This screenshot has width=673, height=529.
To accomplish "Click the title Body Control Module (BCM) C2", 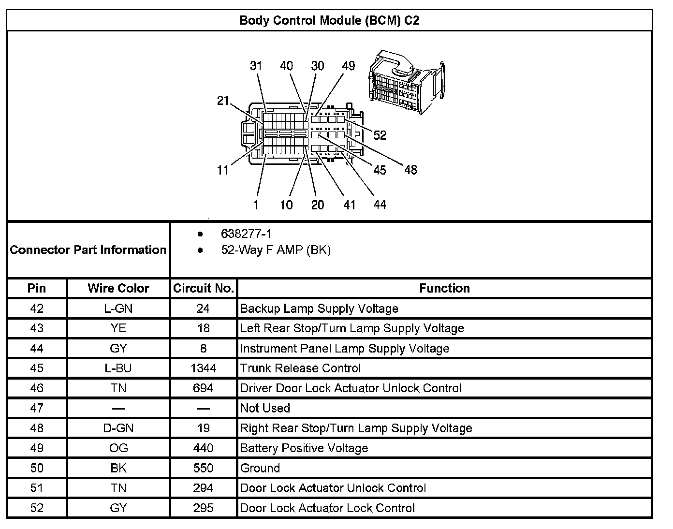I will (x=329, y=20).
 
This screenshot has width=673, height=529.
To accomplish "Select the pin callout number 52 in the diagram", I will (x=380, y=135).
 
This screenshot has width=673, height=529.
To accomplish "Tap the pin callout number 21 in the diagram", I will (x=223, y=101).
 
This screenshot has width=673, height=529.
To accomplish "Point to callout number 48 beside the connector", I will (x=410, y=170).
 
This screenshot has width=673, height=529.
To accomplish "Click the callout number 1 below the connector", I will (x=256, y=205).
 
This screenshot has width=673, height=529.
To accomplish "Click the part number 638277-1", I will (x=246, y=234).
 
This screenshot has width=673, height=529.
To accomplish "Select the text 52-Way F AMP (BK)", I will (x=276, y=250).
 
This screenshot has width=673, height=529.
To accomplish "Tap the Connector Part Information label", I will (x=88, y=250).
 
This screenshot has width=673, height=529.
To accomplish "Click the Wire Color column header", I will (x=118, y=288).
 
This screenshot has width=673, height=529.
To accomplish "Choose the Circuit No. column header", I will (x=204, y=288).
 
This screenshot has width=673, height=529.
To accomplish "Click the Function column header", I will (x=444, y=288).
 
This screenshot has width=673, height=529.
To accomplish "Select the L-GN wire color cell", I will (x=118, y=309).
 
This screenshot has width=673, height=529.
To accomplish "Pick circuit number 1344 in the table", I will (x=204, y=368).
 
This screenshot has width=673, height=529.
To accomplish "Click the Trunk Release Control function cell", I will (x=300, y=368).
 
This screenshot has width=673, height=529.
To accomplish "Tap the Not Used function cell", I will (x=265, y=408).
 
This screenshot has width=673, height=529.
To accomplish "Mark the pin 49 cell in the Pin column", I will (x=37, y=448).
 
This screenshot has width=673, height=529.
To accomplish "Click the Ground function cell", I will (x=260, y=468).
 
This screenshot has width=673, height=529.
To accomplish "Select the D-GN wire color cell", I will (x=118, y=428).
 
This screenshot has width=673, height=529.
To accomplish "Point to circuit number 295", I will (x=204, y=508).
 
